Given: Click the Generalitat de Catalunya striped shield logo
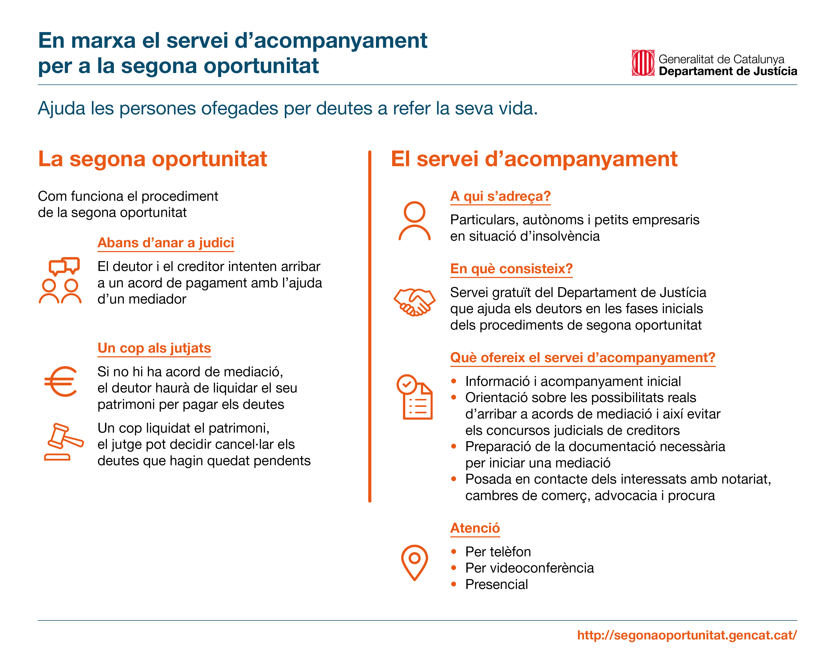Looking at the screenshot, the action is coord(643,63).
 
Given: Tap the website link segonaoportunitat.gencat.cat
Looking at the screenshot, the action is coord(687,635).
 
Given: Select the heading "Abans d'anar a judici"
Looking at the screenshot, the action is coord(166,243).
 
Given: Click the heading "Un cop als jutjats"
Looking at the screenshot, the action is coord(154,348).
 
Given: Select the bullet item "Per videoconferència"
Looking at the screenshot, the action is coord(529,568).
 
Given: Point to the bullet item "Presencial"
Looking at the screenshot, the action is coord(496,584).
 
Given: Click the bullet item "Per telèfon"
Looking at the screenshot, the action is coord(498,552).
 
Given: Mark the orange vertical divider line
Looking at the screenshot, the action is coord(370,327).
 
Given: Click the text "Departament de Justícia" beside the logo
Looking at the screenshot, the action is coord(728,71).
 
